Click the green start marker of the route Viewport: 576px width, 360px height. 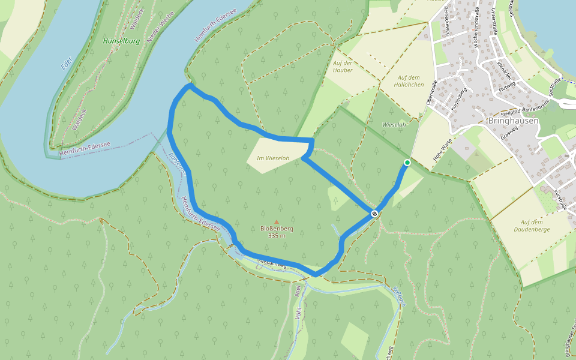point(407,163)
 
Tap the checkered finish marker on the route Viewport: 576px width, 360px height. point(374,214)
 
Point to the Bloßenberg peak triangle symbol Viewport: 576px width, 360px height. point(277,221)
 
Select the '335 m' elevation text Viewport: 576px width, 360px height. point(277,235)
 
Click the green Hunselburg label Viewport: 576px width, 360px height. point(121,41)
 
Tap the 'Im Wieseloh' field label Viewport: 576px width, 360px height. point(273,158)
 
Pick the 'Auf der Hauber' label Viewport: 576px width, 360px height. point(342,66)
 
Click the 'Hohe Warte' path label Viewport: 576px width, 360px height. point(443,153)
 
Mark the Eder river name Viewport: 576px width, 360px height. point(66,63)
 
